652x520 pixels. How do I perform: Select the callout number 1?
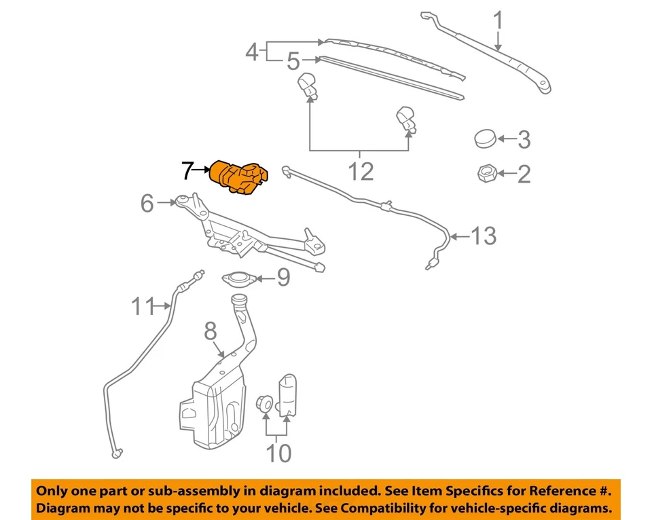point(499,21)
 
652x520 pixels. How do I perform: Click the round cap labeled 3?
point(485,138)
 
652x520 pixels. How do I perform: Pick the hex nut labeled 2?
point(485,174)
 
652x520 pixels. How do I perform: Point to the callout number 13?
point(484,236)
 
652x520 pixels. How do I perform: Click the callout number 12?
point(361,172)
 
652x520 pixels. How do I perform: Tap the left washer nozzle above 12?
point(309,84)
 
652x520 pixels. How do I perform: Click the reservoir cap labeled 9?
point(238,278)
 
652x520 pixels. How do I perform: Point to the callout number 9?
point(283,278)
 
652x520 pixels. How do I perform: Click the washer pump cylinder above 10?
point(289,395)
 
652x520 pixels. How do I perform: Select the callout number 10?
point(278,453)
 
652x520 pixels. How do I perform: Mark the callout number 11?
point(144,307)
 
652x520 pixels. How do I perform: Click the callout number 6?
point(147,203)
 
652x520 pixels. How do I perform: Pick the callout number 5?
point(293,62)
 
